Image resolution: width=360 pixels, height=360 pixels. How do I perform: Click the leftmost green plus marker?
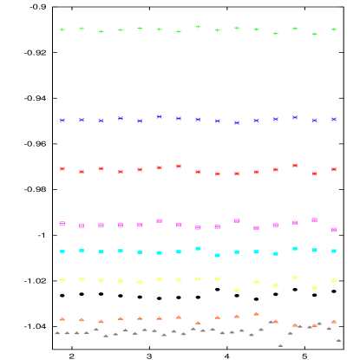[x=62, y=29]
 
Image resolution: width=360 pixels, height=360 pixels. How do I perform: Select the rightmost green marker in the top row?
[x=334, y=29]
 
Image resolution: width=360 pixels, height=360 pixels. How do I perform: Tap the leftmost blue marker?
[x=62, y=121]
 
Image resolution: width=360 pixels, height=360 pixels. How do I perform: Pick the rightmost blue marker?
[x=334, y=120]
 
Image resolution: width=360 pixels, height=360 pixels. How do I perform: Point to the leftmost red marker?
[x=62, y=169]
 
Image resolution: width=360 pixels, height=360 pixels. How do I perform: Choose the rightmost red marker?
[x=334, y=170]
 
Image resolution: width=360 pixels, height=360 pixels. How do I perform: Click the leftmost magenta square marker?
[x=62, y=224]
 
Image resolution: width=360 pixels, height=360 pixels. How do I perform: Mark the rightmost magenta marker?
[x=334, y=230]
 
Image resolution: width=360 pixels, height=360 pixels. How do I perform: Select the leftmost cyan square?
[x=62, y=252]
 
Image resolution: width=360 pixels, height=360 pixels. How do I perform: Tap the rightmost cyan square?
[x=334, y=252]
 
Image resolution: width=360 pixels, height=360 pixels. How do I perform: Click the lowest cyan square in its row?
[x=218, y=256]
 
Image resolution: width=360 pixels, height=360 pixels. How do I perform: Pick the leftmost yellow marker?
[x=62, y=279]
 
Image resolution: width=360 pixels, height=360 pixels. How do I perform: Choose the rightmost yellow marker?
[x=334, y=281]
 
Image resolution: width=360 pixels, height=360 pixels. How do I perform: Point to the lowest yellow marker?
[x=237, y=290]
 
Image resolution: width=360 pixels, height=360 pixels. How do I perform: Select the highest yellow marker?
[x=295, y=278]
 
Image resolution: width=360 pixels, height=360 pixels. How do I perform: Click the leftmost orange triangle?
[x=62, y=319]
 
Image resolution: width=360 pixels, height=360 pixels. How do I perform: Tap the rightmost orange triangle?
[x=334, y=322]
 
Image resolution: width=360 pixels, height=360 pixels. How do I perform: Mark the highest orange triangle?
[x=256, y=313]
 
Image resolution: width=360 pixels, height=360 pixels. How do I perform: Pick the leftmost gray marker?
[x=57, y=333]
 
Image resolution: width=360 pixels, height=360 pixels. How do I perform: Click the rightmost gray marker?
[x=338, y=340]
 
